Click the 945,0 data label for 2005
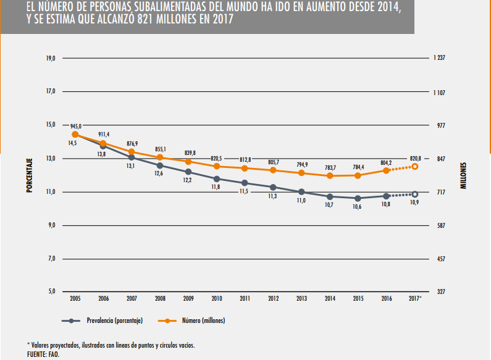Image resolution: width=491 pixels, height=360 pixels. pyautogui.click(x=75, y=126)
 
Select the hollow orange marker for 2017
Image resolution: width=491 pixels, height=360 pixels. pyautogui.click(x=415, y=167)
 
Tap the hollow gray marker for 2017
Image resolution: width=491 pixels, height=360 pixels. pyautogui.click(x=415, y=195)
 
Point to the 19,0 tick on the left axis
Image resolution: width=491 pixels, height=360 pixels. pyautogui.click(x=51, y=58)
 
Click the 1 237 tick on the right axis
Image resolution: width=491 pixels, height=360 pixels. pyautogui.click(x=440, y=58)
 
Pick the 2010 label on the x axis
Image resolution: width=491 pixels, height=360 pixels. pyautogui.click(x=217, y=299)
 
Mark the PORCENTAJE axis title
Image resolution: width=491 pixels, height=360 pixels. pyautogui.click(x=29, y=175)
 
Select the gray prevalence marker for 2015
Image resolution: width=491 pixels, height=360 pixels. pyautogui.click(x=358, y=198)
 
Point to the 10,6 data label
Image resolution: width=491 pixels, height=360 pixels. pyautogui.click(x=358, y=207)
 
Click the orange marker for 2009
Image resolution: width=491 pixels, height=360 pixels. pyautogui.click(x=188, y=162)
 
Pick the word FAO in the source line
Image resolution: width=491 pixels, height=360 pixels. pyautogui.click(x=53, y=354)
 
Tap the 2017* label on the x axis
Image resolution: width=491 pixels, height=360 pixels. pyautogui.click(x=415, y=299)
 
